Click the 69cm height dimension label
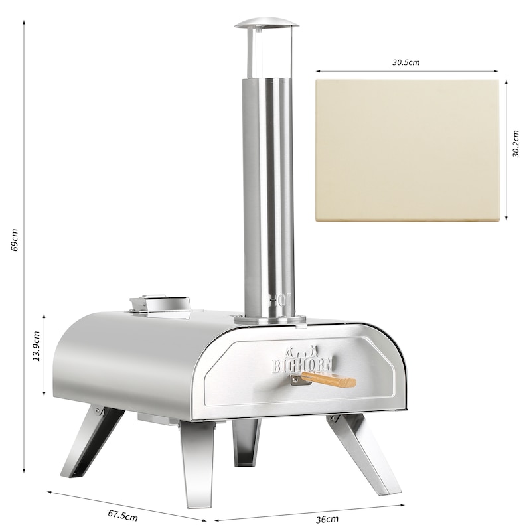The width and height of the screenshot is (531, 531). coord(14,240)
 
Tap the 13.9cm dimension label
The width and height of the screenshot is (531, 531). coord(37,346)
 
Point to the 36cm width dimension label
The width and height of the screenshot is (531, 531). coord(327,519)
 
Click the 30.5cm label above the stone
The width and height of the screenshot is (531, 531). coord(406,62)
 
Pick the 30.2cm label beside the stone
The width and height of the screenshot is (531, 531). coord(515,143)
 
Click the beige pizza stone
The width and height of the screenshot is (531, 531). coord(407,151)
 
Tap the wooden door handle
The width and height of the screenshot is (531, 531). coord(329,380)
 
